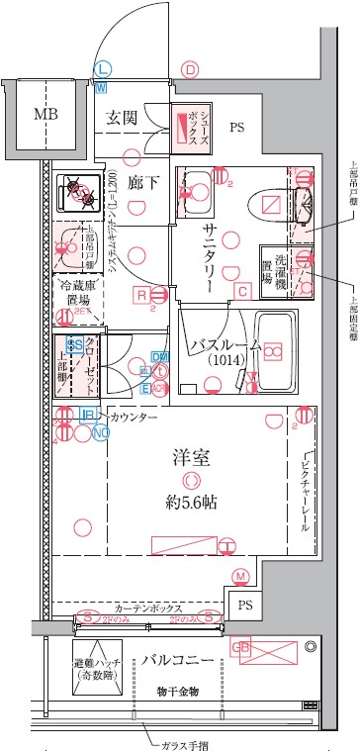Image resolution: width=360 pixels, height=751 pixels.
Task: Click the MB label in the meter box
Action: pos(46,114)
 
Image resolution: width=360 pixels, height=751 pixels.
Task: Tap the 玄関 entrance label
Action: pos(123,117)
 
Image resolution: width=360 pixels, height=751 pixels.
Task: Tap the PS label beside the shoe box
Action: pos(237,127)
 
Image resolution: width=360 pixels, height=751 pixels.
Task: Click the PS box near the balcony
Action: pos(245,605)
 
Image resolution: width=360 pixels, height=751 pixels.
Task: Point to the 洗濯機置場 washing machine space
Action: pos(274,265)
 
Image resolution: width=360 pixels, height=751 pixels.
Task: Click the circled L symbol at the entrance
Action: pos(102,68)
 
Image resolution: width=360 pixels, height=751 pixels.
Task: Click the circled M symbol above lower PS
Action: pos(240,576)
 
